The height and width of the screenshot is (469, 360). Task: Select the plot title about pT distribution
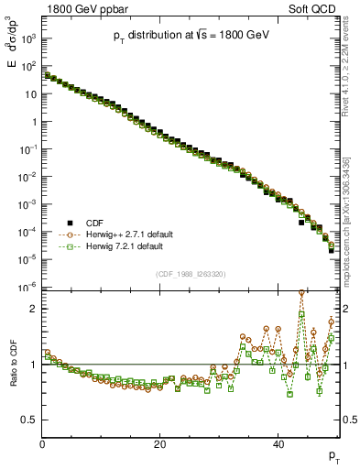click(x=191, y=35)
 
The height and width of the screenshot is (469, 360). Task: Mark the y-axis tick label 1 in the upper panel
click(x=32, y=122)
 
